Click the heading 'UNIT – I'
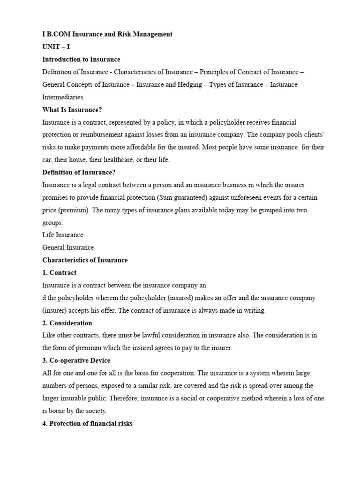[56, 47]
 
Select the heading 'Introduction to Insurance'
[81, 60]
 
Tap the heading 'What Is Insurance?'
[72, 110]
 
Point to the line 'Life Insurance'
[63, 235]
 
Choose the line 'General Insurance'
[68, 247]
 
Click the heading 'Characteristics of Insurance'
[85, 260]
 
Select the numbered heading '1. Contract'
[60, 273]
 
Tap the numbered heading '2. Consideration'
[67, 323]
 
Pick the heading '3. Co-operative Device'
[76, 360]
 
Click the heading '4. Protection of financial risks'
[88, 423]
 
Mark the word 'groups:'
[53, 223]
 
